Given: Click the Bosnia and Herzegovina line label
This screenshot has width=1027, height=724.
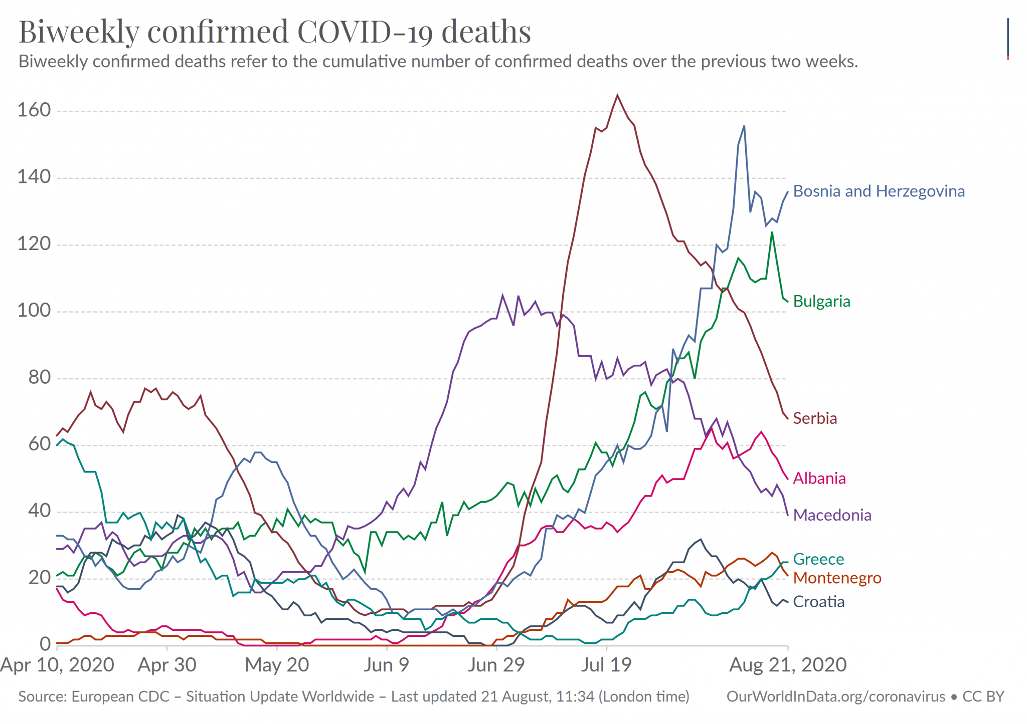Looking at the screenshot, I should point(879,191).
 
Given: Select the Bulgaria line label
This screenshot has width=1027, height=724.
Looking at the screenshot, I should point(821,302).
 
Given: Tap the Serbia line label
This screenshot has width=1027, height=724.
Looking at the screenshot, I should point(815,418).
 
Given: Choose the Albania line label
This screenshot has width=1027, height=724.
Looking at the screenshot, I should point(819,478).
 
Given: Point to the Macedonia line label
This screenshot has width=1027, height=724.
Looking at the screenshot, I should point(832,515).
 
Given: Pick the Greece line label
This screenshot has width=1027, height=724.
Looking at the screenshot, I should point(818,559).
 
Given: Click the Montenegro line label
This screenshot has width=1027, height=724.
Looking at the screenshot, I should point(837,578).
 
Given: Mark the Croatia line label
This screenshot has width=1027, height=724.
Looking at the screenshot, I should point(818,602).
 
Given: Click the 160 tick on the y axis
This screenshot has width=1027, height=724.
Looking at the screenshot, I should point(34,110).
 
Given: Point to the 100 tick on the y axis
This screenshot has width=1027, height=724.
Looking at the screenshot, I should point(34,311).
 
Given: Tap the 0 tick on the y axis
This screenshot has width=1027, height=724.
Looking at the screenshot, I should point(45,644).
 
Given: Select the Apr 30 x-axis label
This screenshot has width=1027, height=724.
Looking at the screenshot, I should point(167,665).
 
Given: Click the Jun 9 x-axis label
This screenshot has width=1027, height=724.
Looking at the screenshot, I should point(386,665).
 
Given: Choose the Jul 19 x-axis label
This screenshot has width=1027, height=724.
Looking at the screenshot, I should point(606,665).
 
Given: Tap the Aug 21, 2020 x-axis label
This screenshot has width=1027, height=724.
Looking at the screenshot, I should point(788,665).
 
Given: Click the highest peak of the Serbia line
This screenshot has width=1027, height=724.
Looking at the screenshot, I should point(617,95).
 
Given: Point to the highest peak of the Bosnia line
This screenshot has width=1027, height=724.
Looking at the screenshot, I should point(744,126).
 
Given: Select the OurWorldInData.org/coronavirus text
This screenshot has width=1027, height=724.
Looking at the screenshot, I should point(835,697).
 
